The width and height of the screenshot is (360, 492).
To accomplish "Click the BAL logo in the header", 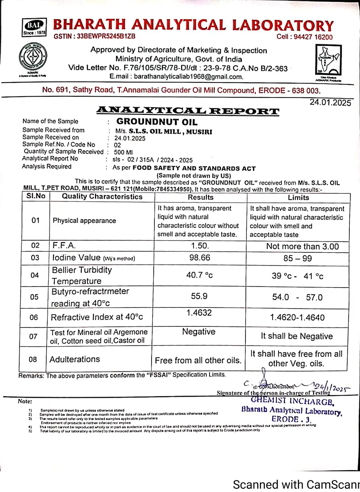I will point(34,27).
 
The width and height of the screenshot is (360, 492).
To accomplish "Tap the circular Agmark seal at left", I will point(33,57).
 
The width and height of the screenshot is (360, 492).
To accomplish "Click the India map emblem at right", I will point(328,60).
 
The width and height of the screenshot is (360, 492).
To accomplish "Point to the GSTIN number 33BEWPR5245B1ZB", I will point(106,36).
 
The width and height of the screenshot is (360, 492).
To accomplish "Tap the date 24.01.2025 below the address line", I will point(330,102).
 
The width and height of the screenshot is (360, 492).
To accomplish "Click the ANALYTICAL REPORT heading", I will point(188,111).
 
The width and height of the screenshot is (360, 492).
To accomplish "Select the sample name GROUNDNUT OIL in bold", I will point(157,122).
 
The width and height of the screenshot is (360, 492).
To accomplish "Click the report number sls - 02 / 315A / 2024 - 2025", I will point(152,160).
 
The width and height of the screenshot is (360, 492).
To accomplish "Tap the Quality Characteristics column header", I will point(102,197).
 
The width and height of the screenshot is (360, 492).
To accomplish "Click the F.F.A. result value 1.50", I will point(200,245).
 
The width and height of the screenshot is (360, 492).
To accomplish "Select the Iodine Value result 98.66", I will point(200,258).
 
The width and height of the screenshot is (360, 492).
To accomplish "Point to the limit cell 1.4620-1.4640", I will point(297,318).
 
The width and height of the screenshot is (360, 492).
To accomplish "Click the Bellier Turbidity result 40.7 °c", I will point(199,275).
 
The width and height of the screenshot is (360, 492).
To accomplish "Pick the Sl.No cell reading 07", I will point(33,337).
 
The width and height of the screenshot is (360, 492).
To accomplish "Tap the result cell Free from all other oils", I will point(198,360).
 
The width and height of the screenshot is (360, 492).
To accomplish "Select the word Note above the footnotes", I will point(25,401).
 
